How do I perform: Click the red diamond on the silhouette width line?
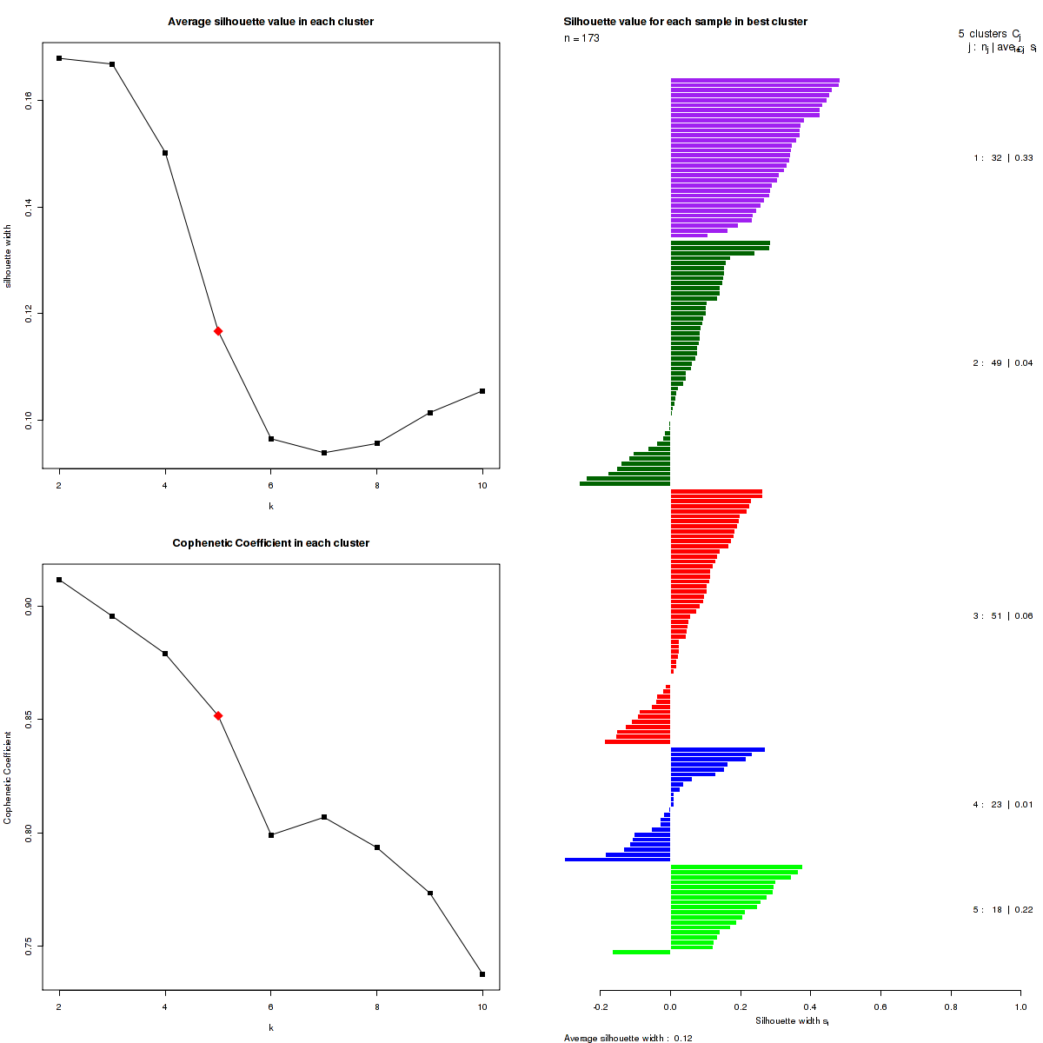click(x=218, y=331)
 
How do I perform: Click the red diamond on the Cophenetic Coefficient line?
click(x=218, y=715)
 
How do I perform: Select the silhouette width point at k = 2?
click(x=59, y=58)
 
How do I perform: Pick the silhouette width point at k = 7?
click(x=324, y=453)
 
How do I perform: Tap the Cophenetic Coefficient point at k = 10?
click(x=482, y=974)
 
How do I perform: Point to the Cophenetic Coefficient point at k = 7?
click(x=324, y=817)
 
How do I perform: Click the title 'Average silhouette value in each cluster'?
click(x=270, y=22)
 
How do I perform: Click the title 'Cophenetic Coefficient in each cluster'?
click(x=270, y=543)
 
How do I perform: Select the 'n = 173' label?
click(x=581, y=38)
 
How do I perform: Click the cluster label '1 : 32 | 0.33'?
click(x=1003, y=158)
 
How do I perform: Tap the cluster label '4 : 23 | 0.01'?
click(x=1003, y=805)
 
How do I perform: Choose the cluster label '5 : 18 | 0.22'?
click(x=1003, y=910)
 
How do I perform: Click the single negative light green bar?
click(x=641, y=953)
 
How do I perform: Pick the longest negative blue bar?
click(x=617, y=860)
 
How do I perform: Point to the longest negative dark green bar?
click(x=625, y=483)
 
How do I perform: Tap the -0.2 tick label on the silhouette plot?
click(x=601, y=1006)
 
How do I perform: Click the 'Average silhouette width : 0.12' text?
click(x=628, y=1038)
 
